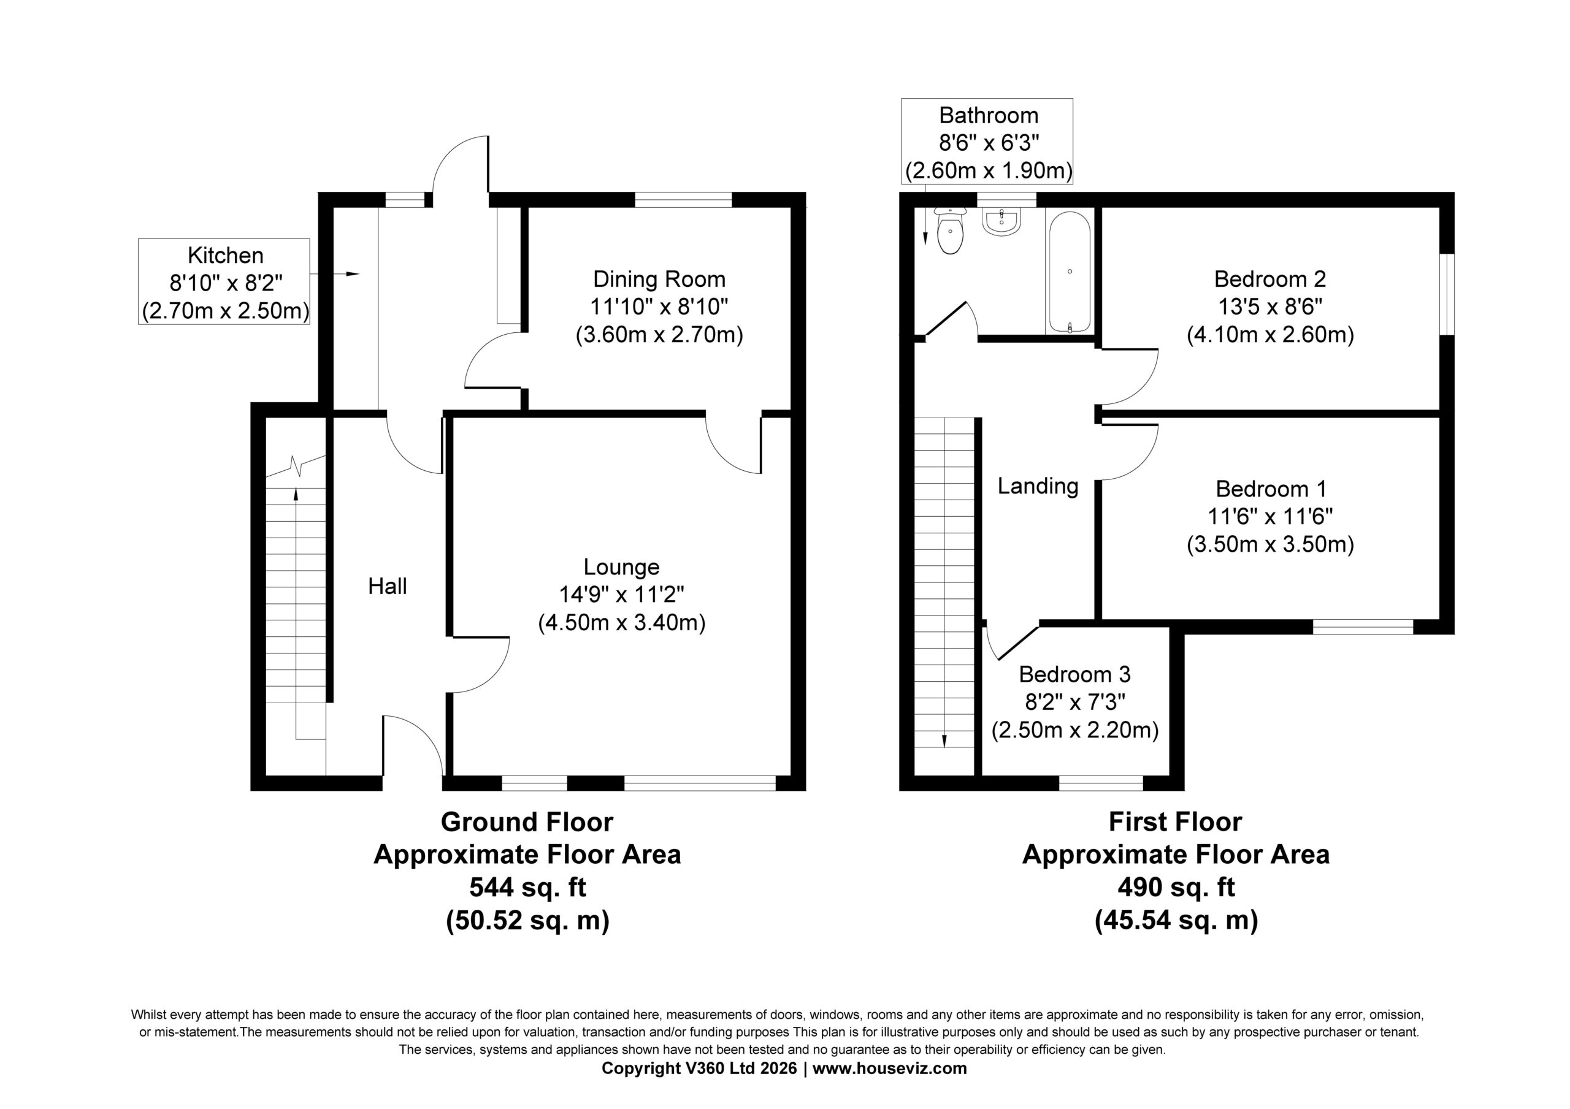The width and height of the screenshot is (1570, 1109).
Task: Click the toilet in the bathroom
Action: pyautogui.click(x=950, y=231)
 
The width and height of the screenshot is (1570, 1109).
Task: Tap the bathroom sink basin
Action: pyautogui.click(x=1001, y=221)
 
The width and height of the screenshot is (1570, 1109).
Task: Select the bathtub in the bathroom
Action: pyautogui.click(x=1070, y=272)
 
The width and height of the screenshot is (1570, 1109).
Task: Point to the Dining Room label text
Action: pyautogui.click(x=659, y=279)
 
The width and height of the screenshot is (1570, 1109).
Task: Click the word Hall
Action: pyautogui.click(x=387, y=586)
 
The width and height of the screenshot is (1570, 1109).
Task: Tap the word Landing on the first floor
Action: pyautogui.click(x=1037, y=486)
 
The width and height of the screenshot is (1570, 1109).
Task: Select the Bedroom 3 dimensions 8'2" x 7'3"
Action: pyautogui.click(x=1075, y=702)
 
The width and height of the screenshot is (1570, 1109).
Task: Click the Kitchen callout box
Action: pyautogui.click(x=224, y=281)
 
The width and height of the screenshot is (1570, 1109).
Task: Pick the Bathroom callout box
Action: pyautogui.click(x=987, y=142)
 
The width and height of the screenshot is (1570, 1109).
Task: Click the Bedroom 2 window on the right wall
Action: pyautogui.click(x=1447, y=294)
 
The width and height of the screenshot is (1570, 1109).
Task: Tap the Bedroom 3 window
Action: pyautogui.click(x=1101, y=783)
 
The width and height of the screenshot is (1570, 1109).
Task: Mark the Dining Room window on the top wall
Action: pyautogui.click(x=683, y=200)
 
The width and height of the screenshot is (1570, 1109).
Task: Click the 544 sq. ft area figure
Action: pyautogui.click(x=527, y=888)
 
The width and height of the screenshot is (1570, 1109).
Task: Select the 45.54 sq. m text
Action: pyautogui.click(x=1176, y=920)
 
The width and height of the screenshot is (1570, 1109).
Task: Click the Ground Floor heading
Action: pyautogui.click(x=527, y=821)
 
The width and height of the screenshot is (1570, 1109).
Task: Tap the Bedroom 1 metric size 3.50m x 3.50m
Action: pyautogui.click(x=1270, y=545)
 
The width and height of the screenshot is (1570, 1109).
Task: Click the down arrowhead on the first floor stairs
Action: pyautogui.click(x=944, y=741)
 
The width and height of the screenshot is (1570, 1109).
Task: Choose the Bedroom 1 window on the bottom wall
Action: pyautogui.click(x=1363, y=627)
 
